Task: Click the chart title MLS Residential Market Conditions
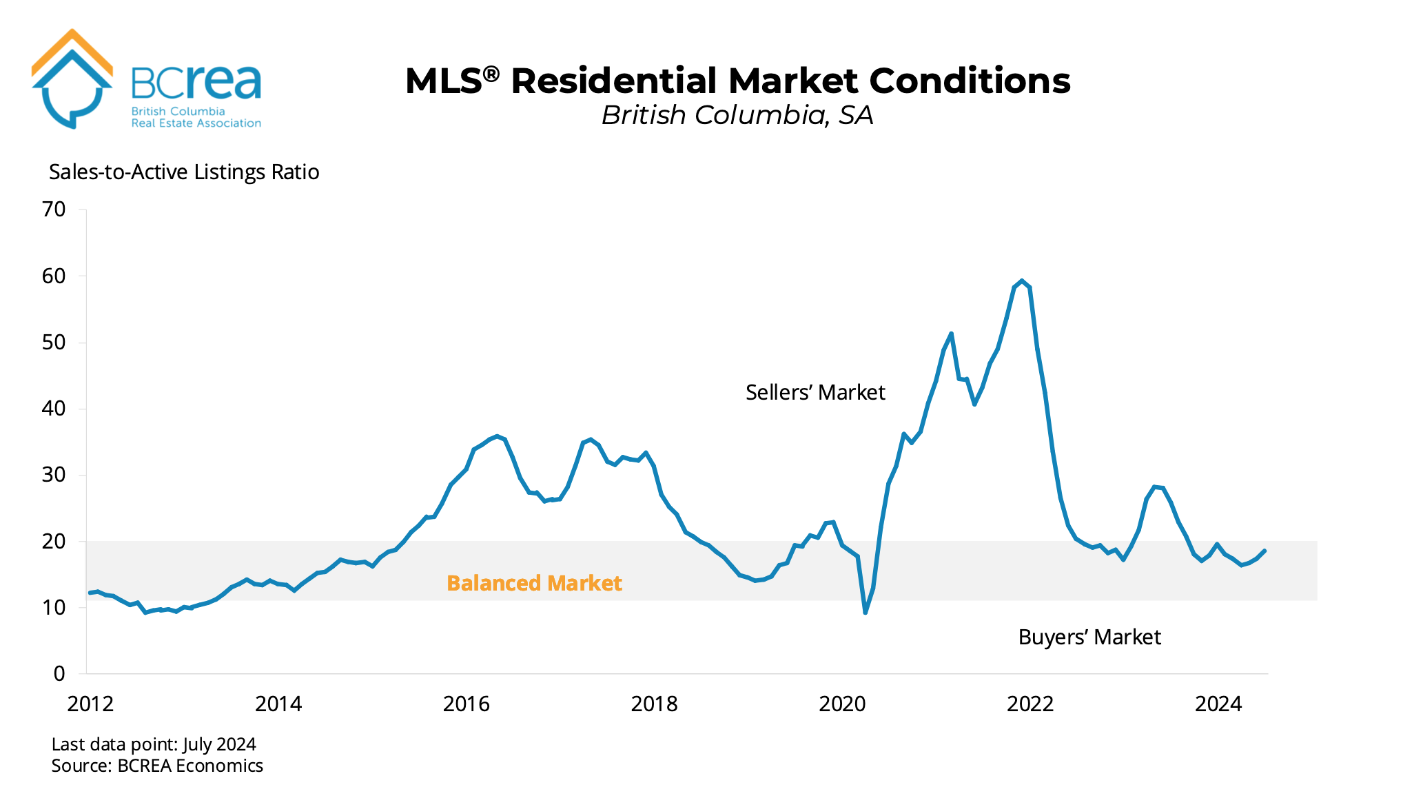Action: (737, 81)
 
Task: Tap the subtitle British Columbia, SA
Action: (737, 115)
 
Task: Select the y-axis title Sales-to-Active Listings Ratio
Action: (184, 172)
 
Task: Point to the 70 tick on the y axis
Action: (54, 209)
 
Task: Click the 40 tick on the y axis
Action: (54, 408)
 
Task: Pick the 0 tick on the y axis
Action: (59, 673)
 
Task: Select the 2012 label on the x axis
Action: (90, 704)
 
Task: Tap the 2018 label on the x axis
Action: (654, 704)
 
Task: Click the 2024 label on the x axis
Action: (1218, 704)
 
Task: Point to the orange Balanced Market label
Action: (534, 583)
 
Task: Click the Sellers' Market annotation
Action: (815, 392)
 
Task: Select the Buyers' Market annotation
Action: (1089, 637)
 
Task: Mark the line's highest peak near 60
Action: (1021, 281)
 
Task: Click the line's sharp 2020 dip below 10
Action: (866, 612)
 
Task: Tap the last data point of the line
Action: (1264, 551)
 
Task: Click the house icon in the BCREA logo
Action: (72, 79)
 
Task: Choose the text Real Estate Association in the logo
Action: (196, 123)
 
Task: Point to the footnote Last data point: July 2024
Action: (154, 744)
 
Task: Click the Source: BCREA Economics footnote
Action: (157, 766)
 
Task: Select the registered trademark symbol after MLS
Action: (491, 73)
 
